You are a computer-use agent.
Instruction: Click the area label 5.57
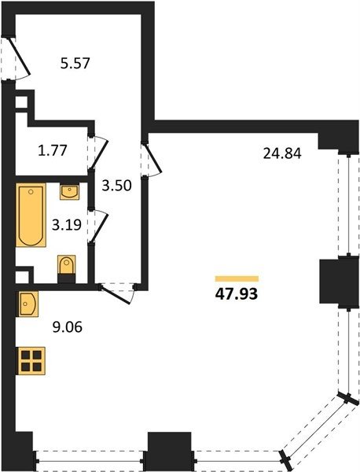(75, 64)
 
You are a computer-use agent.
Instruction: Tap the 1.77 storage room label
(53, 150)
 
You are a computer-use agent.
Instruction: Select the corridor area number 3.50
(116, 186)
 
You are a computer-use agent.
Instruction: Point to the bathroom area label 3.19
(67, 224)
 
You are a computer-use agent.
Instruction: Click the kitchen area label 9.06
(68, 327)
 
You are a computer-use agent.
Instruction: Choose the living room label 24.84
(282, 154)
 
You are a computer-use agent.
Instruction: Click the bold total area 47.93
(237, 294)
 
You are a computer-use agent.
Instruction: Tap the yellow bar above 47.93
(237, 278)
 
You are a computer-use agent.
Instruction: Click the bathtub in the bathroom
(31, 215)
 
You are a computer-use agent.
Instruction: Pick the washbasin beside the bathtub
(69, 191)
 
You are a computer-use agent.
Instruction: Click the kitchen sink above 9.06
(28, 304)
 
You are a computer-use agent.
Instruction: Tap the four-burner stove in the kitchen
(31, 360)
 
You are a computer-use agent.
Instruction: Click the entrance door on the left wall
(19, 56)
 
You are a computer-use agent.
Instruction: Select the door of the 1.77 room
(98, 153)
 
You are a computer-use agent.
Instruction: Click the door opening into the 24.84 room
(152, 159)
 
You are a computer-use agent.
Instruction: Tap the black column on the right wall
(340, 281)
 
